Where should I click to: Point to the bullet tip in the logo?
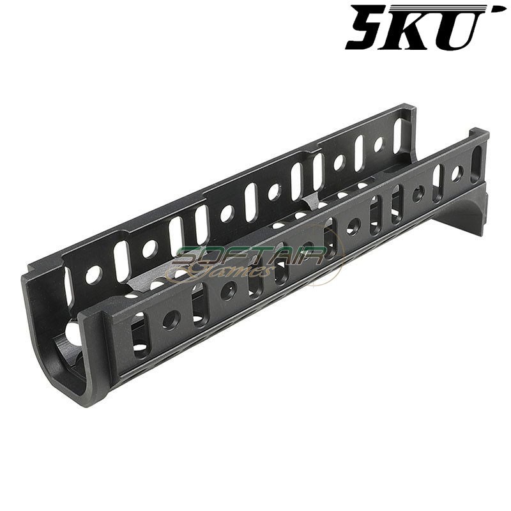pos(498,9)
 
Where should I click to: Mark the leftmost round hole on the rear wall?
pos(93,275)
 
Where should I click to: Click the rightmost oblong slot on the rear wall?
pos(398,135)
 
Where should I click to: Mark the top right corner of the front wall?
pos(487,133)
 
